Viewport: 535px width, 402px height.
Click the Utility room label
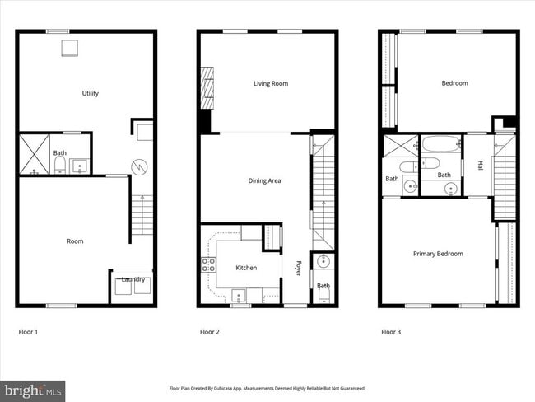pyautogui.click(x=91, y=94)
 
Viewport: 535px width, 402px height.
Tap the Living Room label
pyautogui.click(x=267, y=83)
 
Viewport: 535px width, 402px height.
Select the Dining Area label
pyautogui.click(x=265, y=180)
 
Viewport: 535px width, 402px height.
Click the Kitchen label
pyautogui.click(x=246, y=268)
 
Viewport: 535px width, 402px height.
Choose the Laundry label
pyautogui.click(x=133, y=279)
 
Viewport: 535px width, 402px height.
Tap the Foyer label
pyautogui.click(x=299, y=269)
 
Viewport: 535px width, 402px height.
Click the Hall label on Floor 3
pyautogui.click(x=480, y=166)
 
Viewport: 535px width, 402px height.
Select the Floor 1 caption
pyautogui.click(x=28, y=333)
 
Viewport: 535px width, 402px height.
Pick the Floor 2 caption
pyautogui.click(x=209, y=333)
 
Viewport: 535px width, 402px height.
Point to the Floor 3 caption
pyautogui.click(x=390, y=333)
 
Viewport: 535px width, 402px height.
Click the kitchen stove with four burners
pyautogui.click(x=208, y=264)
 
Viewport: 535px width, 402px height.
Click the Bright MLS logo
pyautogui.click(x=33, y=388)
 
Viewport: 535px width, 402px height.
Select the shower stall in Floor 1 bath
pyautogui.click(x=34, y=154)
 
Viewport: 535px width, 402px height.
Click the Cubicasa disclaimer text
pyautogui.click(x=267, y=388)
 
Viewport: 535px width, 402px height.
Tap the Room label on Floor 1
pyautogui.click(x=75, y=241)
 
